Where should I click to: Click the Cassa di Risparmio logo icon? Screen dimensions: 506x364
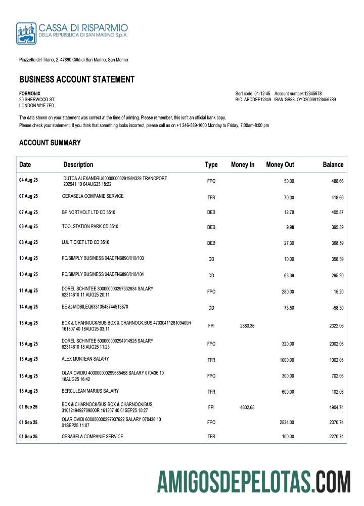coord(26,33)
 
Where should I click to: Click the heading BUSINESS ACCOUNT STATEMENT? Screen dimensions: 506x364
coord(77,79)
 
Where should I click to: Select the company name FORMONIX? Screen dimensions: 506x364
coord(30,94)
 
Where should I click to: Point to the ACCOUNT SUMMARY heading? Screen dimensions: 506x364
coord(50,143)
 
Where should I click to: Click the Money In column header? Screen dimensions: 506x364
coord(243,164)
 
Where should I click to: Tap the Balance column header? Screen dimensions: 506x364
coord(333,164)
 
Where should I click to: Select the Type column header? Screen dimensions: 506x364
coord(211,164)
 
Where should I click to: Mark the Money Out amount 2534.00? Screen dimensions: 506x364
coord(287,423)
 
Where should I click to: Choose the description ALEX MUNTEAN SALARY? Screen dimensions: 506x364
coord(85,359)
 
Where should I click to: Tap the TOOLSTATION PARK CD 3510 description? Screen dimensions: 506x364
coord(90,226)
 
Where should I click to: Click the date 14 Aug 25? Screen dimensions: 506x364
coord(28,307)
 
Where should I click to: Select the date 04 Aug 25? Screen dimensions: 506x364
coord(28,180)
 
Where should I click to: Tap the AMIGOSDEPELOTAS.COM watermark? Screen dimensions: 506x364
coord(254,481)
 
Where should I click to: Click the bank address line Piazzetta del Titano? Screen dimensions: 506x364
coord(73,60)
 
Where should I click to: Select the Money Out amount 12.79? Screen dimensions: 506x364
coord(288,213)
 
